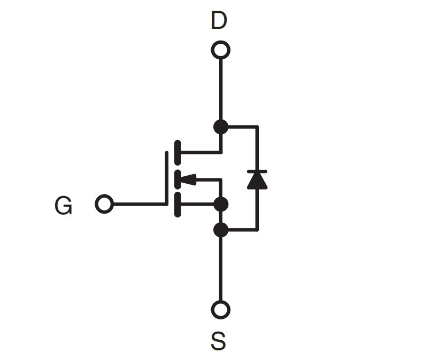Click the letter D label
pos(219,20)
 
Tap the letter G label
pos(63,205)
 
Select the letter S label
pos(218,341)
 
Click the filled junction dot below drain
pos(221,127)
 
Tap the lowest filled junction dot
pos(221,230)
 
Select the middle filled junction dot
pos(221,204)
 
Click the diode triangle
pos(257,181)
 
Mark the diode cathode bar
pos(257,171)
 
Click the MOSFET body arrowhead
pos(188,179)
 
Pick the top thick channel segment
pos(178,153)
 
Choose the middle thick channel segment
pos(178,179)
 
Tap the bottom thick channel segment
pos(178,205)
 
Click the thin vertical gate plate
pos(167,178)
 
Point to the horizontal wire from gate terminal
pos(140,204)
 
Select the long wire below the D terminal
pos(221,89)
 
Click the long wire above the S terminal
pos(221,269)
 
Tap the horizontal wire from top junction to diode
pos(243,127)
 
